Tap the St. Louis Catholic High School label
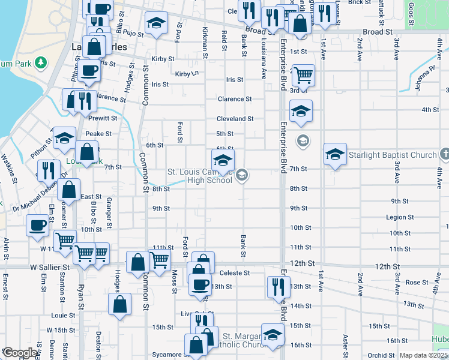[x=199, y=176]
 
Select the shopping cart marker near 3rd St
[x=303, y=76]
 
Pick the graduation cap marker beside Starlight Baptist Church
[x=336, y=154]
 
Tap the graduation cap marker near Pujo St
[x=157, y=23]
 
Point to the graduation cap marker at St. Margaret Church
[x=273, y=336]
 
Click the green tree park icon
[x=40, y=62]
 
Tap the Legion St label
[x=400, y=217]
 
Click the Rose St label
[x=413, y=282]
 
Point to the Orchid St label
[x=382, y=355]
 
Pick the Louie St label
[x=59, y=315]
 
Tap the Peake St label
[x=98, y=134]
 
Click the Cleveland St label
[x=235, y=119]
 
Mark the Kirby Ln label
[x=187, y=74]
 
